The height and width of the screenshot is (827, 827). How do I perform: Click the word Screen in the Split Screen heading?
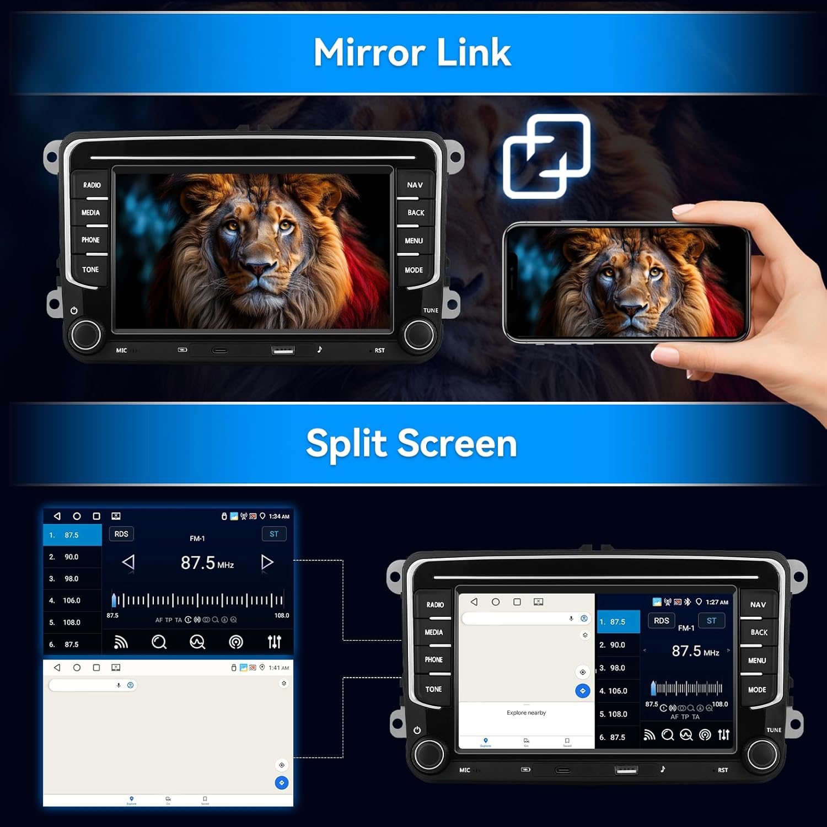click(457, 444)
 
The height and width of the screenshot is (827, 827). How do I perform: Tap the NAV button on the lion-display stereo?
click(415, 185)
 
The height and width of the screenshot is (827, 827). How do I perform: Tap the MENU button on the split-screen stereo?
click(757, 660)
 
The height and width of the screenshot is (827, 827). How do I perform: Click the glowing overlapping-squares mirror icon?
click(546, 156)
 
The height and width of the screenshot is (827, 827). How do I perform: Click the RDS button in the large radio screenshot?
click(121, 534)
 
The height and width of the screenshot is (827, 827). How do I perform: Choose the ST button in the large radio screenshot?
click(274, 534)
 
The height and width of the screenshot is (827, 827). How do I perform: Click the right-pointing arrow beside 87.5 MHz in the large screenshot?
click(267, 562)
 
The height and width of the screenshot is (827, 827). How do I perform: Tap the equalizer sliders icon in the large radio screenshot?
click(274, 642)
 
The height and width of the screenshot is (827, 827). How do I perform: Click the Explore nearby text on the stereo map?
click(526, 713)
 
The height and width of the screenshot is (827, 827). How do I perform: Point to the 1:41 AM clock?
click(278, 668)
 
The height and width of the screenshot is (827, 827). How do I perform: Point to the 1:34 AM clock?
click(279, 517)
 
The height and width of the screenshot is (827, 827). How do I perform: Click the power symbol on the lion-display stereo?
click(74, 310)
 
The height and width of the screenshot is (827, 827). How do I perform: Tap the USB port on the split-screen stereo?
click(626, 769)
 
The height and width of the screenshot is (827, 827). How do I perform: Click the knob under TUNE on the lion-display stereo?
click(419, 334)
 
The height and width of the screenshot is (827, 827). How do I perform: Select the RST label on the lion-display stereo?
click(380, 351)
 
